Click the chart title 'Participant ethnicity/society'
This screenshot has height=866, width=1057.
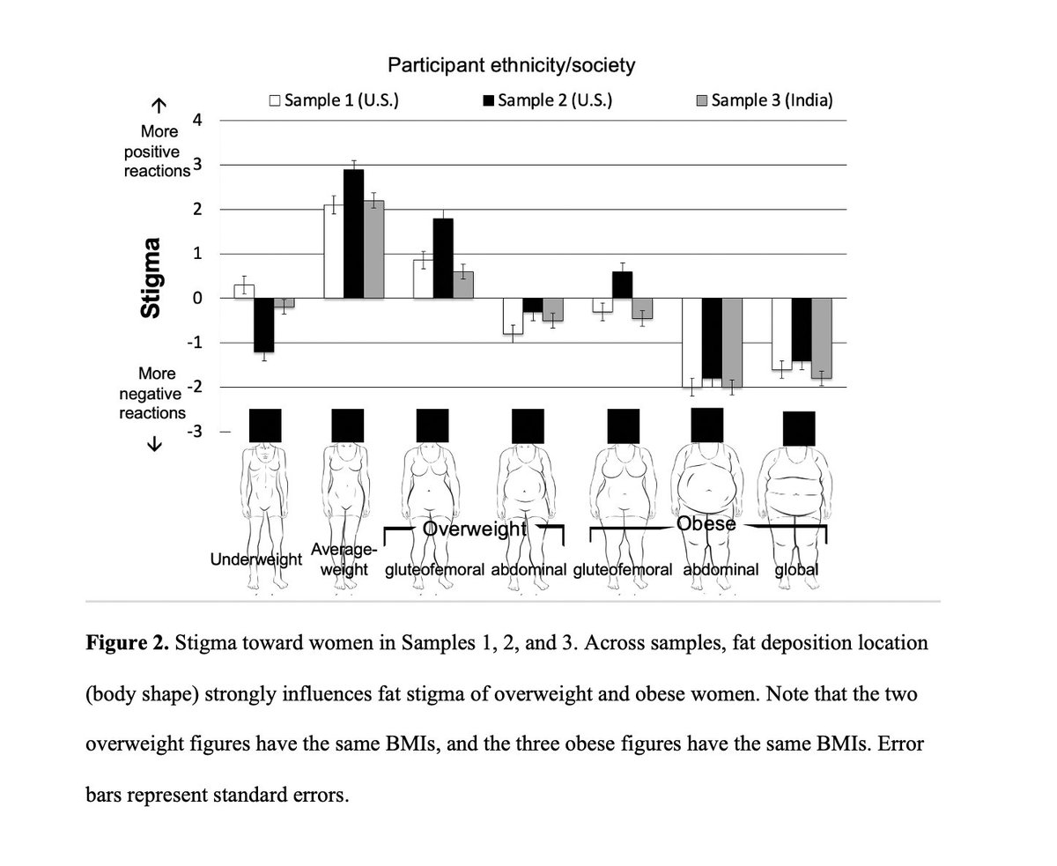coord(512,65)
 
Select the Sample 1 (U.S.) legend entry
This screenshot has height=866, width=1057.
coord(334,100)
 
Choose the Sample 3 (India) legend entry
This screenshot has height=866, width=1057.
coord(764,100)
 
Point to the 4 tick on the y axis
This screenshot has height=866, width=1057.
coord(197,121)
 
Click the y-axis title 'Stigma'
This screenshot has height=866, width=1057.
coord(152,278)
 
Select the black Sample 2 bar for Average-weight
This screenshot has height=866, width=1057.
coord(353,233)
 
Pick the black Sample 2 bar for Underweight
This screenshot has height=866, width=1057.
coord(263,324)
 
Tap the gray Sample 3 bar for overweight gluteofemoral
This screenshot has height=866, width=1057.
coord(463,285)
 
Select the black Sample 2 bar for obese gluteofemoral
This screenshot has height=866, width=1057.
coord(623,285)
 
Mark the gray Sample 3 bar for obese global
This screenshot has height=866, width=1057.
coord(822,337)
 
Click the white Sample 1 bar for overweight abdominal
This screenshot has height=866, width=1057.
coord(513,315)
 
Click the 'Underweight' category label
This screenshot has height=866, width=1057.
coord(255,559)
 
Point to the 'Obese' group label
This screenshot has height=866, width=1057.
coord(706,524)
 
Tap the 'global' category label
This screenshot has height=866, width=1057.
coord(796,570)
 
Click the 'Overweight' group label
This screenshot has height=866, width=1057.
coord(475,529)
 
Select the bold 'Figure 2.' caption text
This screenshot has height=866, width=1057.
coord(127,643)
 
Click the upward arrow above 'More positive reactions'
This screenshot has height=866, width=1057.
coord(159,107)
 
